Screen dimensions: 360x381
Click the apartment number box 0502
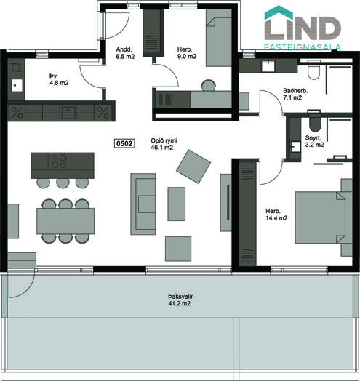coord(124,144)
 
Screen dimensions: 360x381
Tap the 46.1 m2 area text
coord(162,148)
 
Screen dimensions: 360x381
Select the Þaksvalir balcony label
coord(180,297)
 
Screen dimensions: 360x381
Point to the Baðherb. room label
coord(295,91)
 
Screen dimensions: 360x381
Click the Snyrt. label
coord(313,138)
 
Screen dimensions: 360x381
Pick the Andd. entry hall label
coord(124,49)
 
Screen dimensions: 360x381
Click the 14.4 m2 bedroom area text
coord(276,218)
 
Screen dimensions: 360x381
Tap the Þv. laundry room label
coord(54,76)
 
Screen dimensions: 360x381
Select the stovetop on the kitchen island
coord(60,161)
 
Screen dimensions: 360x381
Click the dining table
coord(65,221)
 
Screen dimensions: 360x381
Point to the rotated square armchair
coord(193,167)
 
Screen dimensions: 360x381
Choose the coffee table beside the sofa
coord(177,204)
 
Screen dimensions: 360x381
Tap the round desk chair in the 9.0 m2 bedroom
coord(209,86)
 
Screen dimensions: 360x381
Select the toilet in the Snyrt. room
coord(315,124)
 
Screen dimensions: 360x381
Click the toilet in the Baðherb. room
coord(313,72)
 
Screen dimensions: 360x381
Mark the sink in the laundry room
coord(17,85)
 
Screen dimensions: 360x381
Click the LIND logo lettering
coord(303,27)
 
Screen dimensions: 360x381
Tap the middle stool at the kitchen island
coord(63,183)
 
